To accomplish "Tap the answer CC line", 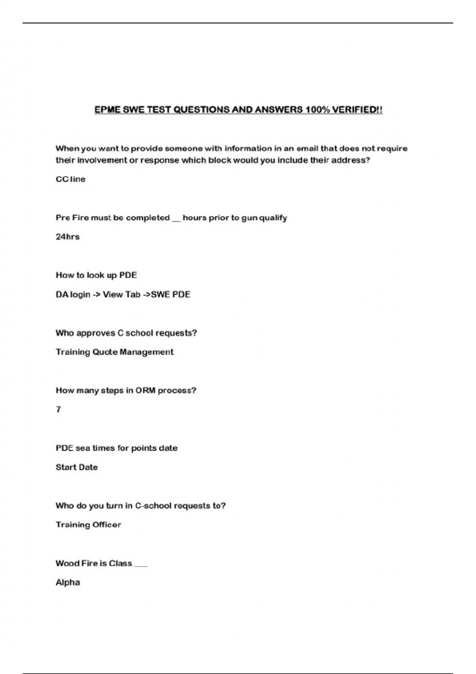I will pyautogui.click(x=70, y=179).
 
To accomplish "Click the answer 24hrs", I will pyautogui.click(x=67, y=237).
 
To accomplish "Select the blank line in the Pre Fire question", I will pyautogui.click(x=176, y=220).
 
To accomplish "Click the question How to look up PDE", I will pyautogui.click(x=96, y=275).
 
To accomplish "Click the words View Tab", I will pyautogui.click(x=121, y=295).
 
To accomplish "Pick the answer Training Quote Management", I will pyautogui.click(x=114, y=352).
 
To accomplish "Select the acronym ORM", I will pyautogui.click(x=145, y=391).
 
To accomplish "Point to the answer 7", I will pyautogui.click(x=58, y=410).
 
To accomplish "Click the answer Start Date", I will pyautogui.click(x=77, y=467).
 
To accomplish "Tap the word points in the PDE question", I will pyautogui.click(x=144, y=448).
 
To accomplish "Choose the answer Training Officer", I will pyautogui.click(x=88, y=525).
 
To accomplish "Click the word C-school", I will pyautogui.click(x=153, y=506).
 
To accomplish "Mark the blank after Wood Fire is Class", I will pyautogui.click(x=141, y=566).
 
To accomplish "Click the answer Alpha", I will pyautogui.click(x=67, y=582).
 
